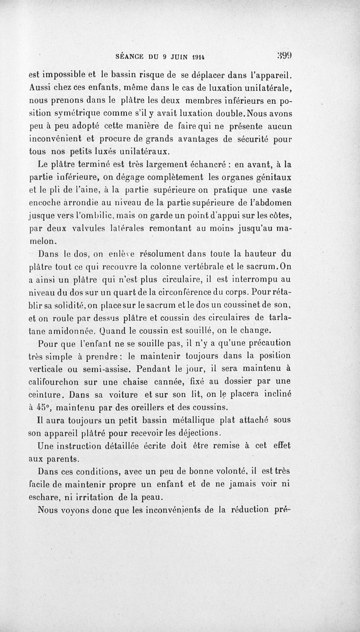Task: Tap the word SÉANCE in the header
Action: click(x=130, y=57)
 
